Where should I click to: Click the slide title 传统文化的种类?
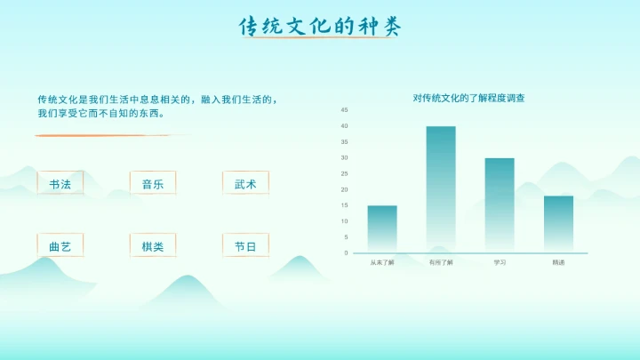[x=320, y=27]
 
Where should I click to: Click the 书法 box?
[x=60, y=184]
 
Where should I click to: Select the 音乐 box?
[x=152, y=184]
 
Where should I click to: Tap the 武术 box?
[x=245, y=184]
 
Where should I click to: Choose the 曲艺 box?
[x=60, y=246]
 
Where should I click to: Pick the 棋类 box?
[x=152, y=246]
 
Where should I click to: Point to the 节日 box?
[x=245, y=246]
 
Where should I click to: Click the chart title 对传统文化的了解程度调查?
[x=468, y=98]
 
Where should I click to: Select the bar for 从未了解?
[x=382, y=229]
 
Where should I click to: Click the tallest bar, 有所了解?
[x=441, y=189]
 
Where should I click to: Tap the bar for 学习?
[x=500, y=205]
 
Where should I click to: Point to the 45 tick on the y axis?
[x=345, y=109]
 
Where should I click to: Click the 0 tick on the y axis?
[x=347, y=253]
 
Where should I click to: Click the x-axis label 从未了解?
[x=382, y=263]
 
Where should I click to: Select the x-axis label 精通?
[x=558, y=263]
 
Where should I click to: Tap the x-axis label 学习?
[x=500, y=263]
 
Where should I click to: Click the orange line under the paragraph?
[x=107, y=135]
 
